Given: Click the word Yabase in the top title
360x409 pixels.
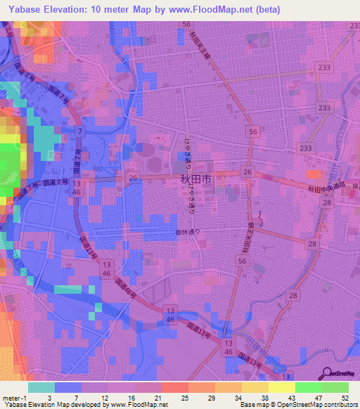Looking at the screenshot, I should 22,9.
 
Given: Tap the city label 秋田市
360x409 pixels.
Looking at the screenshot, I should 195,180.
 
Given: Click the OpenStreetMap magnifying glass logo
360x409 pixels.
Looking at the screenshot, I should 327,375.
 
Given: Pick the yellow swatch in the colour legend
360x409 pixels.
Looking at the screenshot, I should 282,387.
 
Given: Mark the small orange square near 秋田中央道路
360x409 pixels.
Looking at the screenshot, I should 313,174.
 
